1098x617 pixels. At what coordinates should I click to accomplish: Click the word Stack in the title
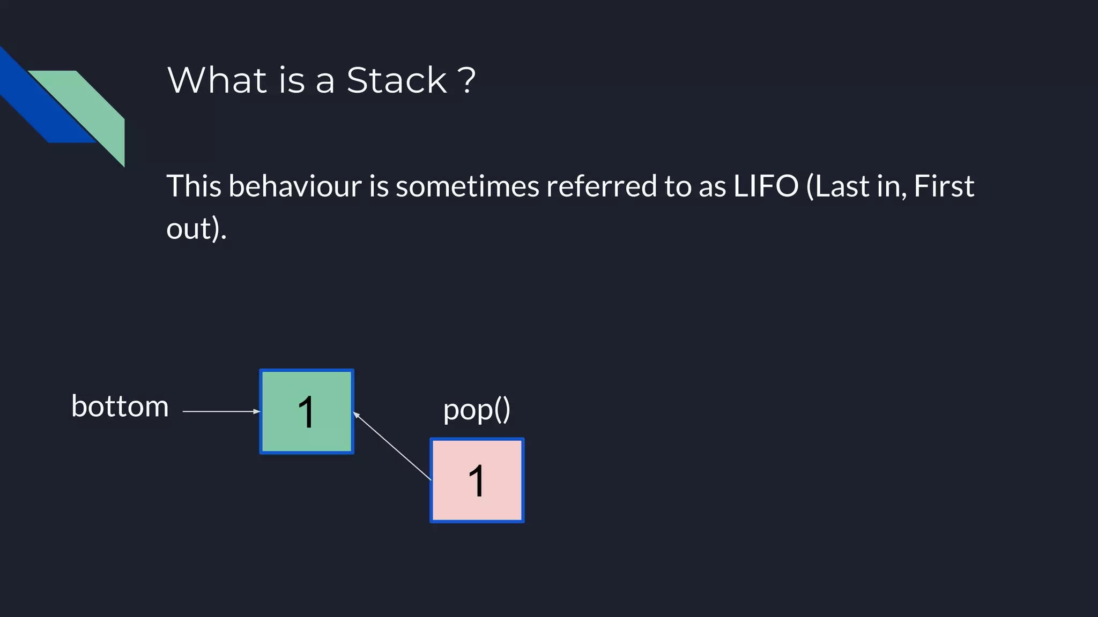(396, 81)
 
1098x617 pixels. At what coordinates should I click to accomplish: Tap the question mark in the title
(467, 80)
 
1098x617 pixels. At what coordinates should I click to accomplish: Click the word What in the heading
(217, 81)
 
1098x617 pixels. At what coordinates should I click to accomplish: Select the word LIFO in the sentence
(766, 186)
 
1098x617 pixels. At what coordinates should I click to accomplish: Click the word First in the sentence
(944, 186)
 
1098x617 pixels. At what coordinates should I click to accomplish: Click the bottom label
(120, 407)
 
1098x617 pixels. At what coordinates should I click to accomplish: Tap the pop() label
(477, 410)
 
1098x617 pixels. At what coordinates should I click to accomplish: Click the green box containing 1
(307, 411)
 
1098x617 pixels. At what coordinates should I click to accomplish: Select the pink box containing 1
(477, 480)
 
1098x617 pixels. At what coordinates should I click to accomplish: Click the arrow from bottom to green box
(220, 411)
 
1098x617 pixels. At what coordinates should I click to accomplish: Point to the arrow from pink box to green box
(392, 446)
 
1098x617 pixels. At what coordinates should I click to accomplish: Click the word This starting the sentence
(194, 186)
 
